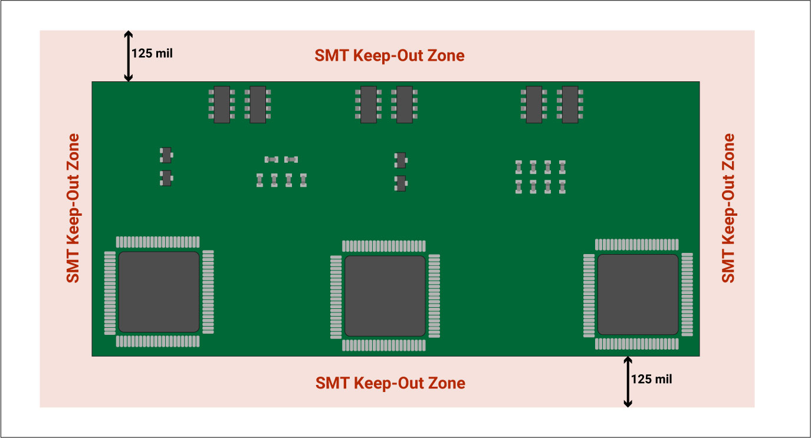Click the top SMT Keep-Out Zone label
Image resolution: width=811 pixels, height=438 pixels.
click(389, 56)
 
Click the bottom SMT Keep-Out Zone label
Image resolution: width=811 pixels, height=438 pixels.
click(390, 383)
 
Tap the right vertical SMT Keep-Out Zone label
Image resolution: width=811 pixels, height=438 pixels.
click(729, 208)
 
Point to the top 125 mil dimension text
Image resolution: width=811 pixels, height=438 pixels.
click(152, 52)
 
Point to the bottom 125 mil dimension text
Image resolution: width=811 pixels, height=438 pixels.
click(651, 379)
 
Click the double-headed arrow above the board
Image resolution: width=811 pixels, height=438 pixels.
click(128, 56)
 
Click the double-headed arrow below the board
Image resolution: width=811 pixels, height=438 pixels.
click(628, 381)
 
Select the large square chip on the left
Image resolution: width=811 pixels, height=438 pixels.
click(159, 292)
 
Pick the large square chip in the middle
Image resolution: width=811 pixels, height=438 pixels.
click(385, 295)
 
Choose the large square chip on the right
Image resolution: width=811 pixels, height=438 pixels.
click(638, 294)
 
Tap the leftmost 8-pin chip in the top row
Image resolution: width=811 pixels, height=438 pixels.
click(222, 104)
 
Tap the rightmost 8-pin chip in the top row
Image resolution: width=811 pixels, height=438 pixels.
click(570, 104)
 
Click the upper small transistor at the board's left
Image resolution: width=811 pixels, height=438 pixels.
click(166, 155)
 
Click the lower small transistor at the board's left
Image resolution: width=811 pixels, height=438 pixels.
click(166, 177)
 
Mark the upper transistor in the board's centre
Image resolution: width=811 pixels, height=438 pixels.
click(400, 160)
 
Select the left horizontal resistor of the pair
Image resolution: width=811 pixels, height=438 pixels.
click(271, 159)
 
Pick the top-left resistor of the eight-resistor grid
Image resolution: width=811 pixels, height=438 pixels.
click(518, 166)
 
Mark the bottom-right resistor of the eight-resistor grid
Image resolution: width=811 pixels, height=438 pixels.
click(562, 187)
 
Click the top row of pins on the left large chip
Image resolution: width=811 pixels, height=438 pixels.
click(158, 242)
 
